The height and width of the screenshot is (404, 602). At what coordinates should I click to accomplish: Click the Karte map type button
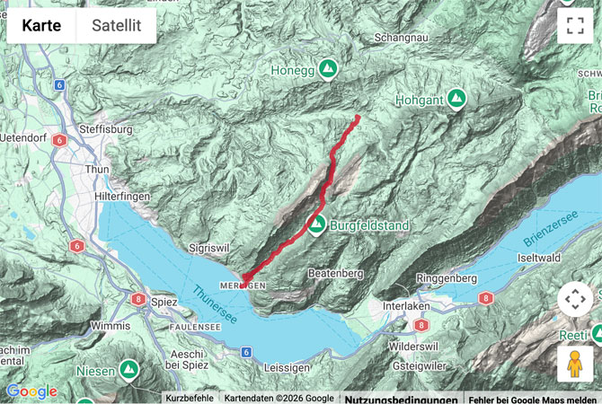point(41,26)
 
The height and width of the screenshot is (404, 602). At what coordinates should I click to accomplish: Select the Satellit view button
point(116,26)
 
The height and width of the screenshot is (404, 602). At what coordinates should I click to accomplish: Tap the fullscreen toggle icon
point(575,26)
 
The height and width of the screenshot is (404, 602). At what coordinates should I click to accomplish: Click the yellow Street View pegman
point(575,364)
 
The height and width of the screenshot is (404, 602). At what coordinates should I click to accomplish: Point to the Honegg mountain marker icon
point(328,68)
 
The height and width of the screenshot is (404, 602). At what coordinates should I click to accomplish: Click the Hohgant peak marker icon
point(456,98)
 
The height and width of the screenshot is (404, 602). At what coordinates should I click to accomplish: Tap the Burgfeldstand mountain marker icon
point(315,224)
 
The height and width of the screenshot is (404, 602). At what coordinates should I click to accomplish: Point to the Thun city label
point(96,169)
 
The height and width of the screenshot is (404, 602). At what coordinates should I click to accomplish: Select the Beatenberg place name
point(334,272)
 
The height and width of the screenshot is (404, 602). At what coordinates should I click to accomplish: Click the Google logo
point(31,391)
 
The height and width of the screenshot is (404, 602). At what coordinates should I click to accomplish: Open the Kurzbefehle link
point(190,398)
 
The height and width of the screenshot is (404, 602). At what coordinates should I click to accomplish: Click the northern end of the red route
point(357,118)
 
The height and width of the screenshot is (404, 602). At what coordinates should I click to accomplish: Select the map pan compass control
point(575,300)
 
